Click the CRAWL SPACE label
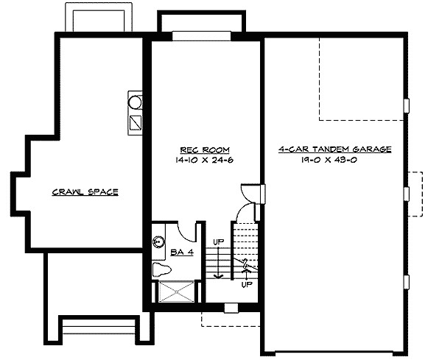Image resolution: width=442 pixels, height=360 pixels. [x=85, y=193]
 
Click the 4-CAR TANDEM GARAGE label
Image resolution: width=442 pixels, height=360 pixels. [x=334, y=149]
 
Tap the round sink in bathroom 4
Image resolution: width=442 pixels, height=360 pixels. [x=158, y=241]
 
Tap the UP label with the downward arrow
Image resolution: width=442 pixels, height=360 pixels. [x=219, y=241]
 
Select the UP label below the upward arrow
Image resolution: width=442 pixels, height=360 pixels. [x=248, y=283]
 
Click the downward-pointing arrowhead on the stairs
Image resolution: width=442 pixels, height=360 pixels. [x=218, y=276]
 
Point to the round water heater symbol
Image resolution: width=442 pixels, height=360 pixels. [x=136, y=100]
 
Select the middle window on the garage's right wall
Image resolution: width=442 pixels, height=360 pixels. [x=407, y=193]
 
